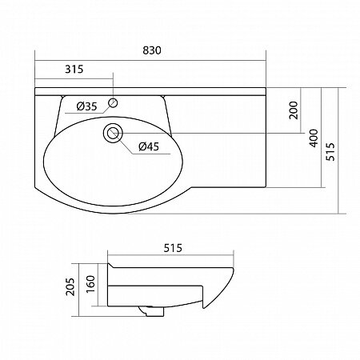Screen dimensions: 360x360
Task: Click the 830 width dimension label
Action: coord(152,50)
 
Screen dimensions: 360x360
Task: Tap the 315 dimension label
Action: coord(74,69)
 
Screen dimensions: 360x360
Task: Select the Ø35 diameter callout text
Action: coord(86,106)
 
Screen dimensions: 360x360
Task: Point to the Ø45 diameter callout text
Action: coord(149,146)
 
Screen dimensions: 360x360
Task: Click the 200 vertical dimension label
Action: coord(294,110)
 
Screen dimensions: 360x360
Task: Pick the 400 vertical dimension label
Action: coord(314,138)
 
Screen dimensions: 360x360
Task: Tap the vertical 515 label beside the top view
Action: coord(330,151)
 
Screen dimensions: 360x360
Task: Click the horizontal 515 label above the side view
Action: coord(173,248)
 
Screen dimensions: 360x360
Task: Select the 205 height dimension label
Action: coord(70,286)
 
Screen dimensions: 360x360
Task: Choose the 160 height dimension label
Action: coord(90,284)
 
